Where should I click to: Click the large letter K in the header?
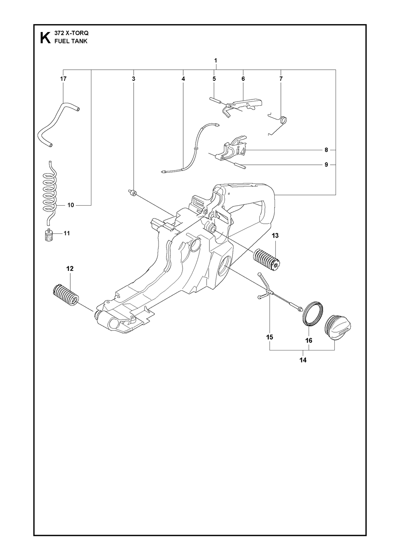45,38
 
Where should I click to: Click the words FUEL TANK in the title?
71,41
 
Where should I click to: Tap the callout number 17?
63,79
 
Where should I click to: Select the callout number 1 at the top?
216,60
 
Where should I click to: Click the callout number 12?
70,268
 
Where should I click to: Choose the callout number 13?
275,235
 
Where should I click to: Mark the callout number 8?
326,150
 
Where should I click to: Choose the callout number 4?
183,79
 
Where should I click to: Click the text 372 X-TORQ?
71,33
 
